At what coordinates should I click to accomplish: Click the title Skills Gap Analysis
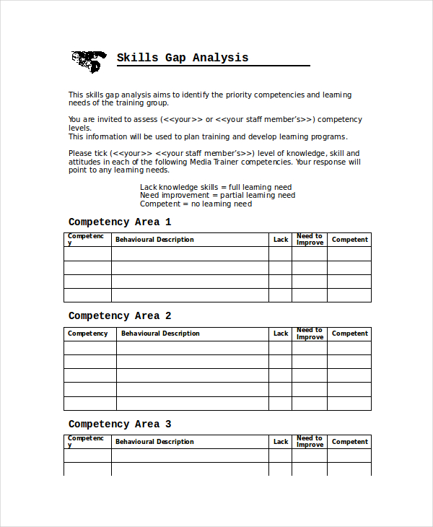pyautogui.click(x=183, y=58)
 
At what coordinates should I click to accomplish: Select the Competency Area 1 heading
pyautogui.click(x=120, y=222)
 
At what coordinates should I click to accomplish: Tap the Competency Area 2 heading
pyautogui.click(x=120, y=316)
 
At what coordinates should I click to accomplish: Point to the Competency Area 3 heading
pyautogui.click(x=120, y=424)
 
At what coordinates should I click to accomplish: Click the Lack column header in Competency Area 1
pyautogui.click(x=281, y=240)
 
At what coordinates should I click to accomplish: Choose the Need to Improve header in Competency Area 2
pyautogui.click(x=310, y=334)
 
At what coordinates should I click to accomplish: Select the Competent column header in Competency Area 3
pyautogui.click(x=349, y=442)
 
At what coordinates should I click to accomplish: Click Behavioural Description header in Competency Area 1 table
pyautogui.click(x=154, y=240)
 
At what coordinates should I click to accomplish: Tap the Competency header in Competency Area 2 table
pyautogui.click(x=87, y=334)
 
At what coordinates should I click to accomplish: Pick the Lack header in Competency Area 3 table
pyautogui.click(x=281, y=442)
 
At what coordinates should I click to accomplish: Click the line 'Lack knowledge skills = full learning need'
pyautogui.click(x=216, y=187)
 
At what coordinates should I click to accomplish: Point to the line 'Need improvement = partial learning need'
pyautogui.click(x=217, y=196)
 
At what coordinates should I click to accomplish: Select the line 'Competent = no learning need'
pyautogui.click(x=196, y=204)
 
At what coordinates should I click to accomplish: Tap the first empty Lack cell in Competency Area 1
pyautogui.click(x=280, y=253)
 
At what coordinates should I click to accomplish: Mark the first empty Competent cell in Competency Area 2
pyautogui.click(x=349, y=348)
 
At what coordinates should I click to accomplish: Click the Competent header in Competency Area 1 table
pyautogui.click(x=349, y=240)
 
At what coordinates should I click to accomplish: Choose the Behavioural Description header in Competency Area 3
pyautogui.click(x=154, y=442)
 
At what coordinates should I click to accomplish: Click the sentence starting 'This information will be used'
pyautogui.click(x=208, y=136)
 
